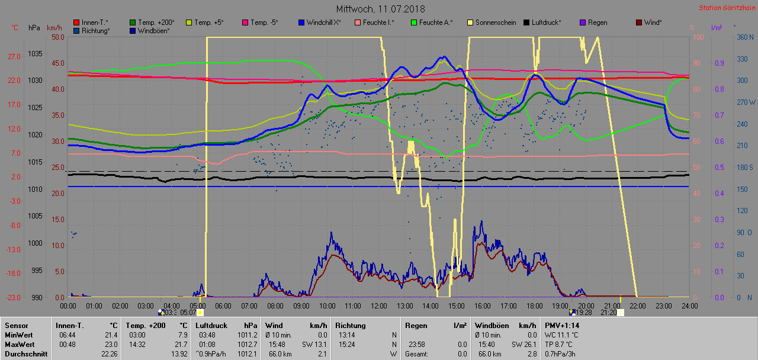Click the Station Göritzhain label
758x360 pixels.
[726, 8]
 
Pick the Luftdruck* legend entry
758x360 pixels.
[542, 22]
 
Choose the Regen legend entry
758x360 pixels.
[597, 22]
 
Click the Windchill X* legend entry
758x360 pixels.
[323, 22]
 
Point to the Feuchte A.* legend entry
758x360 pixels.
[435, 22]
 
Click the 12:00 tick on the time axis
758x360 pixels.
[378, 306]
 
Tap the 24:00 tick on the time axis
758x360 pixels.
[689, 306]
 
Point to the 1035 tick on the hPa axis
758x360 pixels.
[35, 54]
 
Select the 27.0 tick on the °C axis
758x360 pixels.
[14, 57]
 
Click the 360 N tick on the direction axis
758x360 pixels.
[744, 37]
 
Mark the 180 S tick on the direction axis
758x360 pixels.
[744, 168]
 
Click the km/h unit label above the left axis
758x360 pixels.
[54, 28]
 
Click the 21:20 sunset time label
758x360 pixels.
[608, 312]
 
